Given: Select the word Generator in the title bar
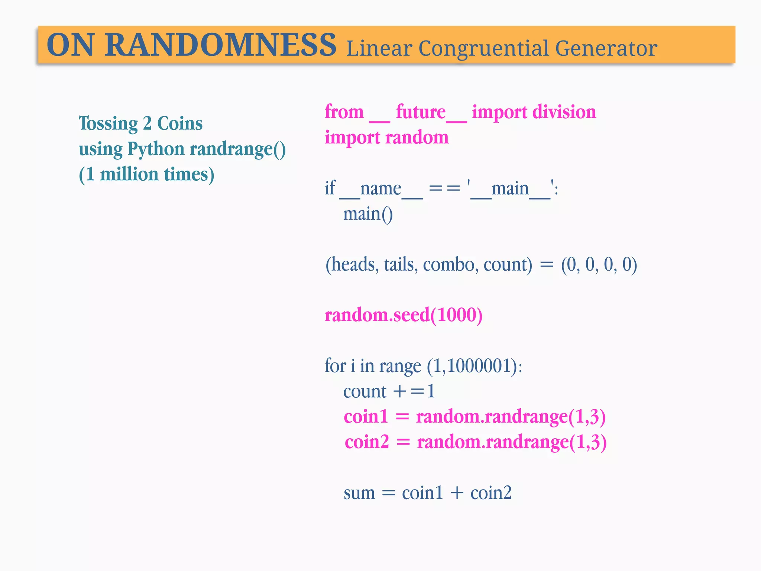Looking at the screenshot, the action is coord(606,48).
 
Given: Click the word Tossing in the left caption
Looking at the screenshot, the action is coord(108,124).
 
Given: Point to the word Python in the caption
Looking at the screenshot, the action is coord(156,149).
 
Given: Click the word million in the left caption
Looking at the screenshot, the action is coord(129,174).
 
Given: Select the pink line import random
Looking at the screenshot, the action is coord(386,138).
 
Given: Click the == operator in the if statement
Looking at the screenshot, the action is coord(444,189).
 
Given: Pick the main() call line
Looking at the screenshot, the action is coord(367,214).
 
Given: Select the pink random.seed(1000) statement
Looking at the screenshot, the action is coord(404,315).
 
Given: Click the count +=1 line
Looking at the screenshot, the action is coord(389,391).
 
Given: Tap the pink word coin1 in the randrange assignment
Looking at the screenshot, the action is coord(366,417).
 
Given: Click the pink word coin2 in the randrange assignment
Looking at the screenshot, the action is coord(367,442).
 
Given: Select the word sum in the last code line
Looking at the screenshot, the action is coord(359,493).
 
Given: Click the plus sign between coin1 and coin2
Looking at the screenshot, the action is coord(457,493).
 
